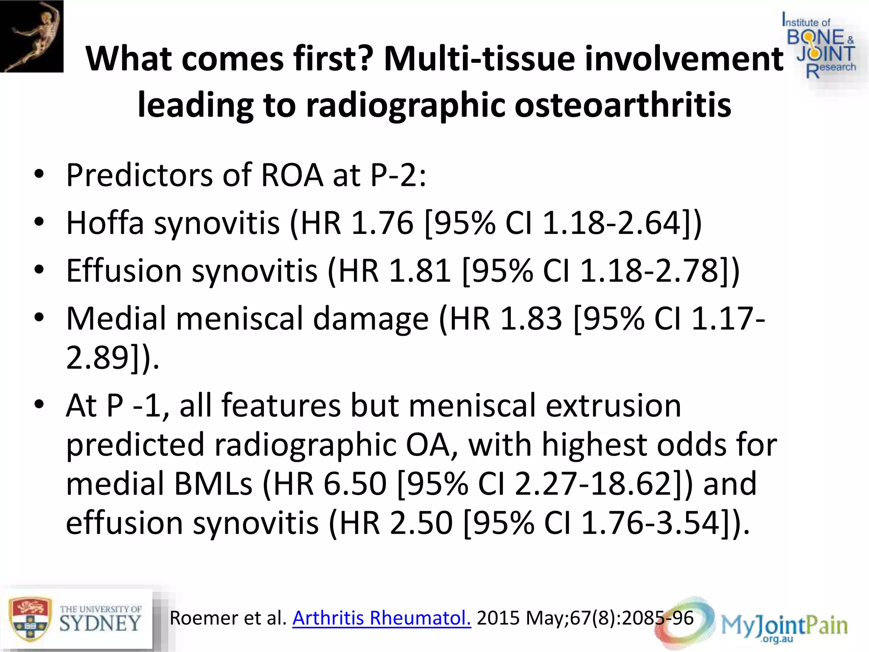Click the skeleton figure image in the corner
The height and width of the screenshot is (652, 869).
31,36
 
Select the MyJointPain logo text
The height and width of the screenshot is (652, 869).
784,625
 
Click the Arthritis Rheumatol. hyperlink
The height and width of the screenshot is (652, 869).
381,618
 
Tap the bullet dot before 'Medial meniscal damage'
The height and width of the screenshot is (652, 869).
39,318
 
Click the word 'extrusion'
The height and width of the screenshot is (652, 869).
613,405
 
